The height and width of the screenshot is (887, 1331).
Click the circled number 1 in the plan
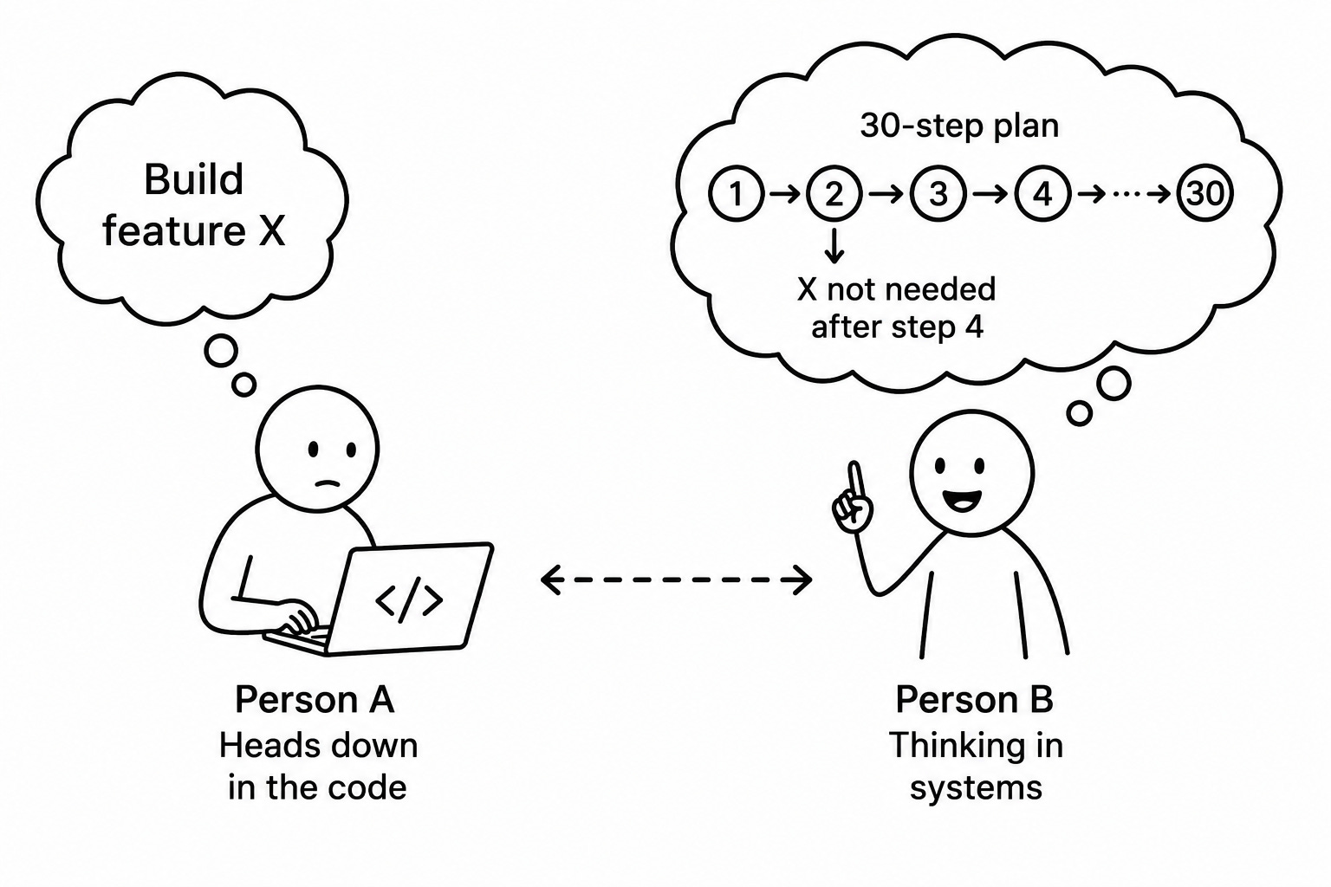click(736, 194)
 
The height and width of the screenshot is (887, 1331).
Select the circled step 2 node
click(834, 194)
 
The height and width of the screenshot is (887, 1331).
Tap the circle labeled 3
click(938, 194)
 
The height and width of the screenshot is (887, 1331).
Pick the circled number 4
click(1042, 194)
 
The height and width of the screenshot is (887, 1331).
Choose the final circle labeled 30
click(1205, 193)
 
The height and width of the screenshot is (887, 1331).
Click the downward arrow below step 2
click(834, 245)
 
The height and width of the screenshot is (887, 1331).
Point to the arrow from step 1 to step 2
click(785, 194)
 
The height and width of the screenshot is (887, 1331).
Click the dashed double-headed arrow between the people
click(676, 579)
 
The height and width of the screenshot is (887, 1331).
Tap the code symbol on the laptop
click(409, 600)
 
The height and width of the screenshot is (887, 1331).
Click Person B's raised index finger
click(855, 482)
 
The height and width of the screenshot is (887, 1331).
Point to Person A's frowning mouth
click(328, 483)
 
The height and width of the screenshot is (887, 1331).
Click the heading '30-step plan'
click(959, 126)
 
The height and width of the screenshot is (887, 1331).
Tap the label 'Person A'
click(315, 699)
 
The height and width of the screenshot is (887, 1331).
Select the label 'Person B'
click(975, 699)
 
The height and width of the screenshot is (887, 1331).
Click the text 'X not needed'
click(896, 289)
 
